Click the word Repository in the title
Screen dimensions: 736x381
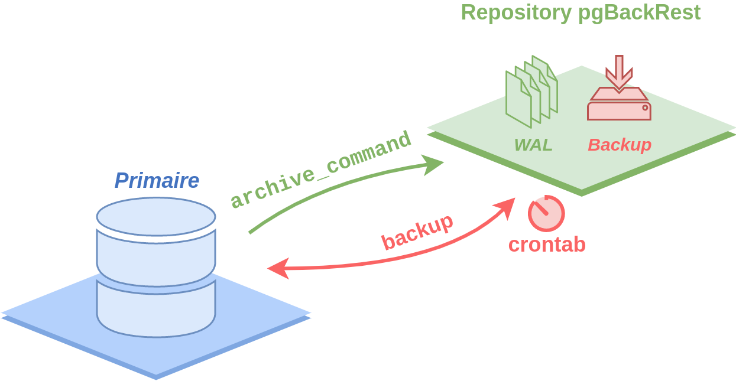[x=517, y=13]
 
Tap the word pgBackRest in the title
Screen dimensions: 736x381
[x=640, y=13]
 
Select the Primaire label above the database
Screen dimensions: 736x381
[x=157, y=180]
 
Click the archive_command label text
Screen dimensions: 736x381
[x=321, y=170]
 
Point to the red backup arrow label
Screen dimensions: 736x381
[x=417, y=232]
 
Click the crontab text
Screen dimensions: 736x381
[x=547, y=245]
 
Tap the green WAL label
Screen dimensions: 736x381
[x=533, y=145]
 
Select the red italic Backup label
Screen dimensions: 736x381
[x=620, y=145]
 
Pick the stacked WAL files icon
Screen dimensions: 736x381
[x=531, y=92]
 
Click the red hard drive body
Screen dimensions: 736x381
[x=620, y=111]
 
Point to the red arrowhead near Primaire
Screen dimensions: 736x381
[x=279, y=268]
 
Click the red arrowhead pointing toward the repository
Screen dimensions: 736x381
[x=504, y=208]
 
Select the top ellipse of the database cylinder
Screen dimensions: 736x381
[x=156, y=217]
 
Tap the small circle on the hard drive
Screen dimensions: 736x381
[x=646, y=108]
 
